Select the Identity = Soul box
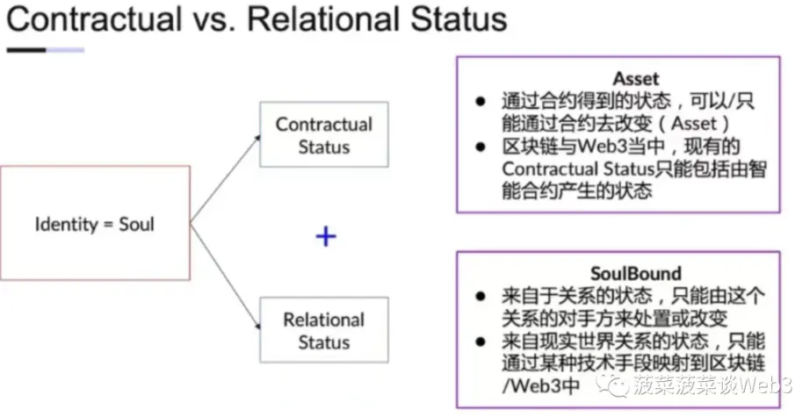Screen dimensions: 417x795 click(95, 223)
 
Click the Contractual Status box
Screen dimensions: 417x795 click(324, 135)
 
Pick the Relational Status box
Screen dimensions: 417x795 click(324, 330)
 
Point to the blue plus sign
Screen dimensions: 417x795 click(326, 235)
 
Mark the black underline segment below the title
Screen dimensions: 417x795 click(25, 49)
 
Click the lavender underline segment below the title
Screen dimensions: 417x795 click(65, 49)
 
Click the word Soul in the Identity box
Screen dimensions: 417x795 click(135, 224)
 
